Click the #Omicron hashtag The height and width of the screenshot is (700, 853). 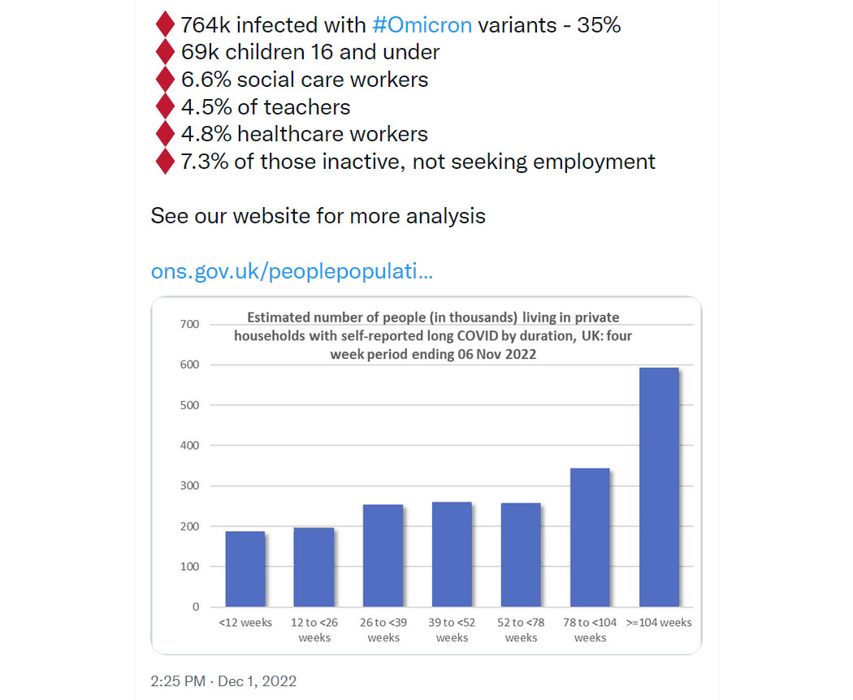click(x=422, y=25)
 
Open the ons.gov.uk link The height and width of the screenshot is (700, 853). click(x=292, y=271)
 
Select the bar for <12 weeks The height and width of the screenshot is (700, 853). click(x=245, y=569)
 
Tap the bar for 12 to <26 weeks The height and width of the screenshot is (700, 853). click(x=314, y=567)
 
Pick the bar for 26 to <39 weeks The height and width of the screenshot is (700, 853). click(x=383, y=555)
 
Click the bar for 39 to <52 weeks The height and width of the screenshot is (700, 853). click(x=452, y=555)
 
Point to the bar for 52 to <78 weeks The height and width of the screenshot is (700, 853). click(x=521, y=555)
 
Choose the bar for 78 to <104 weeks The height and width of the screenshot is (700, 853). click(x=590, y=538)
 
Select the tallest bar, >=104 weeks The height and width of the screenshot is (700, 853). click(x=659, y=486)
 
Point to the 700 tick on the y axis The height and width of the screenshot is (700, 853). click(x=190, y=324)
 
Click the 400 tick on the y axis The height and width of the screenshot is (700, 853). click(x=190, y=446)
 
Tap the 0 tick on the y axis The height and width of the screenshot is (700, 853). click(x=196, y=607)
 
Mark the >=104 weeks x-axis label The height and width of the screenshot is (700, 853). click(x=659, y=622)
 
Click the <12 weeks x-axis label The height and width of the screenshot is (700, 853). click(x=245, y=622)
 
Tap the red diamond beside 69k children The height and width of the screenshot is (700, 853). click(x=166, y=52)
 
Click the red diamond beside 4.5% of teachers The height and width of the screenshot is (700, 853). click(x=166, y=106)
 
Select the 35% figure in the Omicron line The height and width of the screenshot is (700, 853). click(x=599, y=25)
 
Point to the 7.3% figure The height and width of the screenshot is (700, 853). click(x=205, y=162)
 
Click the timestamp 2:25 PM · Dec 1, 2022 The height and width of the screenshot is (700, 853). click(x=223, y=681)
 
